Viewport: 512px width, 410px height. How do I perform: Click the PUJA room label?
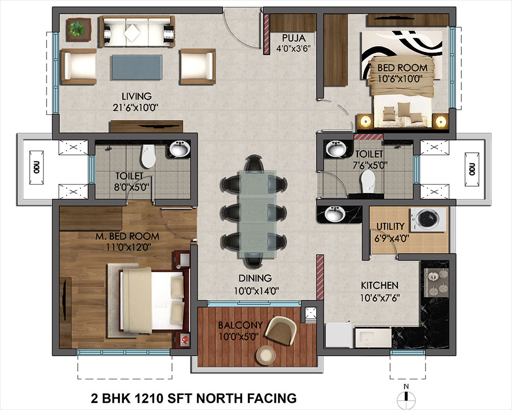293,37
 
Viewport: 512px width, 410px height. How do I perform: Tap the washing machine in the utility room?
428,219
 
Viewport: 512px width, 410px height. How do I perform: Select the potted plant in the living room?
78,29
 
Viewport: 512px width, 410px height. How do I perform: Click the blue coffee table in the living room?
137,67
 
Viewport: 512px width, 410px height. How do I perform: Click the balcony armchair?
281,330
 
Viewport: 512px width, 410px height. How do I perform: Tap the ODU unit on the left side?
36,168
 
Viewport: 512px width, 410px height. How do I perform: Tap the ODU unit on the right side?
472,169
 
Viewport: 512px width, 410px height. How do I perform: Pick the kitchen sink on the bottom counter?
373,338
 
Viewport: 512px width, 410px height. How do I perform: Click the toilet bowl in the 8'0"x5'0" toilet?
148,156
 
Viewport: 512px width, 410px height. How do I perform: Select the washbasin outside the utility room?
334,214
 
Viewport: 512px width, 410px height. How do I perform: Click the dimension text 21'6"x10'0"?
135,108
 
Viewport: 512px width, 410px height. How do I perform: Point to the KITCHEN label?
379,285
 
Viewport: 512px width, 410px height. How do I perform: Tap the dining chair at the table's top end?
254,163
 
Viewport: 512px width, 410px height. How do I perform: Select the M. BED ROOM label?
127,236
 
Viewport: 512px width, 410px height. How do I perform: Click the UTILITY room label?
390,226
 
